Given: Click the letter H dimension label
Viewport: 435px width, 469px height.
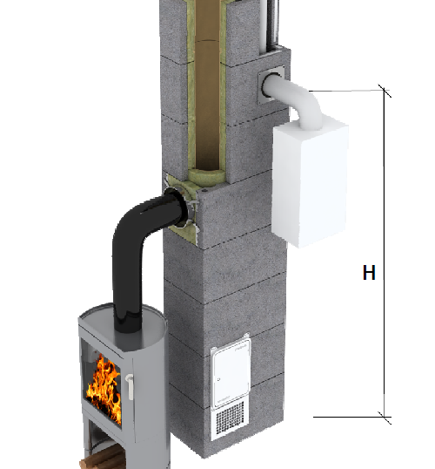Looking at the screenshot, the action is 369,272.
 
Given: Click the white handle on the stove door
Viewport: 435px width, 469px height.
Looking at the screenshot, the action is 130,387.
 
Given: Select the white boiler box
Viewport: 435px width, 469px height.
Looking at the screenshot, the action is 310,181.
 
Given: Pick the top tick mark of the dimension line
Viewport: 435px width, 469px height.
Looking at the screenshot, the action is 385,91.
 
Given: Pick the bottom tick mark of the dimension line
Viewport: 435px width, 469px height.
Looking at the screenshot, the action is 385,418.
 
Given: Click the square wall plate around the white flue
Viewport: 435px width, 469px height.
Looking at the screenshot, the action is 271,85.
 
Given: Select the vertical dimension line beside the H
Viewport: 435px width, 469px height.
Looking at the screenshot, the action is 385,254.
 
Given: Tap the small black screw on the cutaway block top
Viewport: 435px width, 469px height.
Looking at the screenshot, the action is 204,190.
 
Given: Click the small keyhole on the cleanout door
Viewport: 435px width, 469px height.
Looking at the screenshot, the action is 219,379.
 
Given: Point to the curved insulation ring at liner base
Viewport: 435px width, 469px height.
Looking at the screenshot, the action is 206,175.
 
